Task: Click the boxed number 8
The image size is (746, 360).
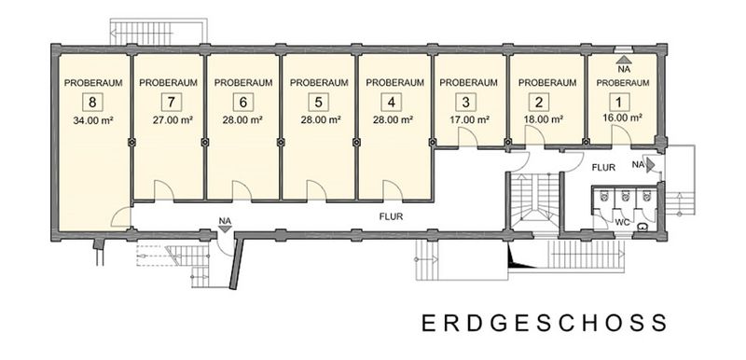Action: coord(92,102)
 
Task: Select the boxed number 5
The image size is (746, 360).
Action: coord(318,102)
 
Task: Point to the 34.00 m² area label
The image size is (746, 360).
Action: coord(92,120)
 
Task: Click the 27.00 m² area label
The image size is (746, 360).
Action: coord(173,120)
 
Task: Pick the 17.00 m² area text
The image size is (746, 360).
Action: coord(469,119)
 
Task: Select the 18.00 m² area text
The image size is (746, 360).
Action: coord(544,119)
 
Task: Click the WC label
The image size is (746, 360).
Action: coord(623,222)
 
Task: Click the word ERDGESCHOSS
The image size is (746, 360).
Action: coord(545,323)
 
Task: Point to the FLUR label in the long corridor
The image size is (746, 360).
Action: coord(391,217)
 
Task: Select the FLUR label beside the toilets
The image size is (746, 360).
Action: coord(603,167)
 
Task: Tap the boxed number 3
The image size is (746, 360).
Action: coord(465,102)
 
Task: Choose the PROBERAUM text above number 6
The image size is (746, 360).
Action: coord(243,82)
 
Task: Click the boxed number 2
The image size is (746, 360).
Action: coord(539,102)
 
